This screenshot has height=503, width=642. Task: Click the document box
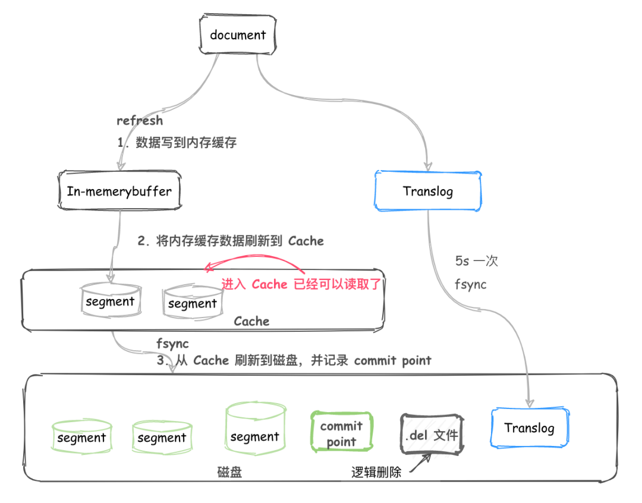tap(237, 34)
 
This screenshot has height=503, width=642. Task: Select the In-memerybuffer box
tap(119, 191)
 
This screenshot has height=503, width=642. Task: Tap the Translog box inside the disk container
tap(530, 427)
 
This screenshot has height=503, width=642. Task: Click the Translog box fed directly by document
tap(428, 191)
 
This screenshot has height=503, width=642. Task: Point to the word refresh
tap(140, 121)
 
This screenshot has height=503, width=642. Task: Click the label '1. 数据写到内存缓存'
tap(177, 143)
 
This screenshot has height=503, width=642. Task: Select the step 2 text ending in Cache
tap(231, 241)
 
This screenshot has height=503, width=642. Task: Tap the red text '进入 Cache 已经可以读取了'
tap(301, 284)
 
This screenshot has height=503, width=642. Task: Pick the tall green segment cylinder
tap(255, 429)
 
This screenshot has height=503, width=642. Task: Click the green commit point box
tap(341, 432)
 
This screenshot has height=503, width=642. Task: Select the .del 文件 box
tap(432, 434)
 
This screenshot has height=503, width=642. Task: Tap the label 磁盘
tap(229, 472)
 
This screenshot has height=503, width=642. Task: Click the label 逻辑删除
tap(376, 472)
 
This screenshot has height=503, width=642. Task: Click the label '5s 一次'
tap(476, 261)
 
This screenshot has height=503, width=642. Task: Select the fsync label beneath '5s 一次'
tap(470, 284)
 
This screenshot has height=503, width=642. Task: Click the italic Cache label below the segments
tap(251, 321)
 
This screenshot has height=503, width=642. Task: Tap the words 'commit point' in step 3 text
tap(393, 360)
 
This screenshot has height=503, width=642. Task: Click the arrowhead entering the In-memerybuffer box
tap(121, 166)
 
